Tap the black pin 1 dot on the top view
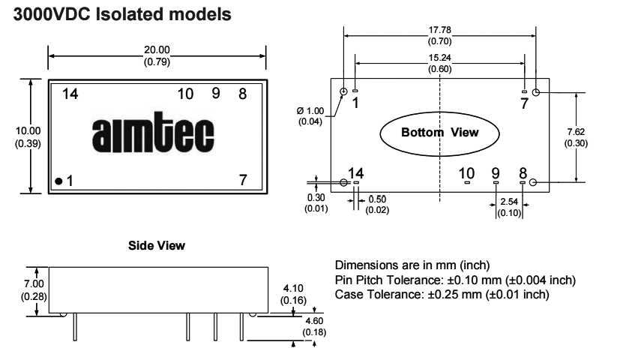[58, 181]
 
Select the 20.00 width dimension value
[157, 50]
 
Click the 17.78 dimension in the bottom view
[439, 31]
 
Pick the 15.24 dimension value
[439, 58]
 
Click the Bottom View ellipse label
[439, 131]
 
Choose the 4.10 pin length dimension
[291, 289]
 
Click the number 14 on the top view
[70, 94]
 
